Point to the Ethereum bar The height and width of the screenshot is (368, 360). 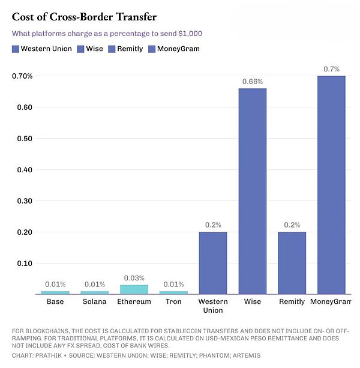coord(134,289)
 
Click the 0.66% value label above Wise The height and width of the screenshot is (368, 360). coord(253,81)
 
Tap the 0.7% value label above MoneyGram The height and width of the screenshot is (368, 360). coord(332,69)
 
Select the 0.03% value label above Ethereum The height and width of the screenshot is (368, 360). coord(134,278)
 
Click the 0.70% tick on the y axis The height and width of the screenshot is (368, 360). coord(22,76)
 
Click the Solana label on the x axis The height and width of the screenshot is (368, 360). coord(95,301)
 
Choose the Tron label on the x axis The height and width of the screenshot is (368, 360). coord(173,301)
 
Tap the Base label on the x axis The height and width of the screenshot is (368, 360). coord(55,301)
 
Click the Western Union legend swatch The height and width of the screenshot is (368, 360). coord(16,49)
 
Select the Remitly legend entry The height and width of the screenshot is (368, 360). coord(127,49)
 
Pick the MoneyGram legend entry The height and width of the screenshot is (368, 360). coord(178,49)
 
